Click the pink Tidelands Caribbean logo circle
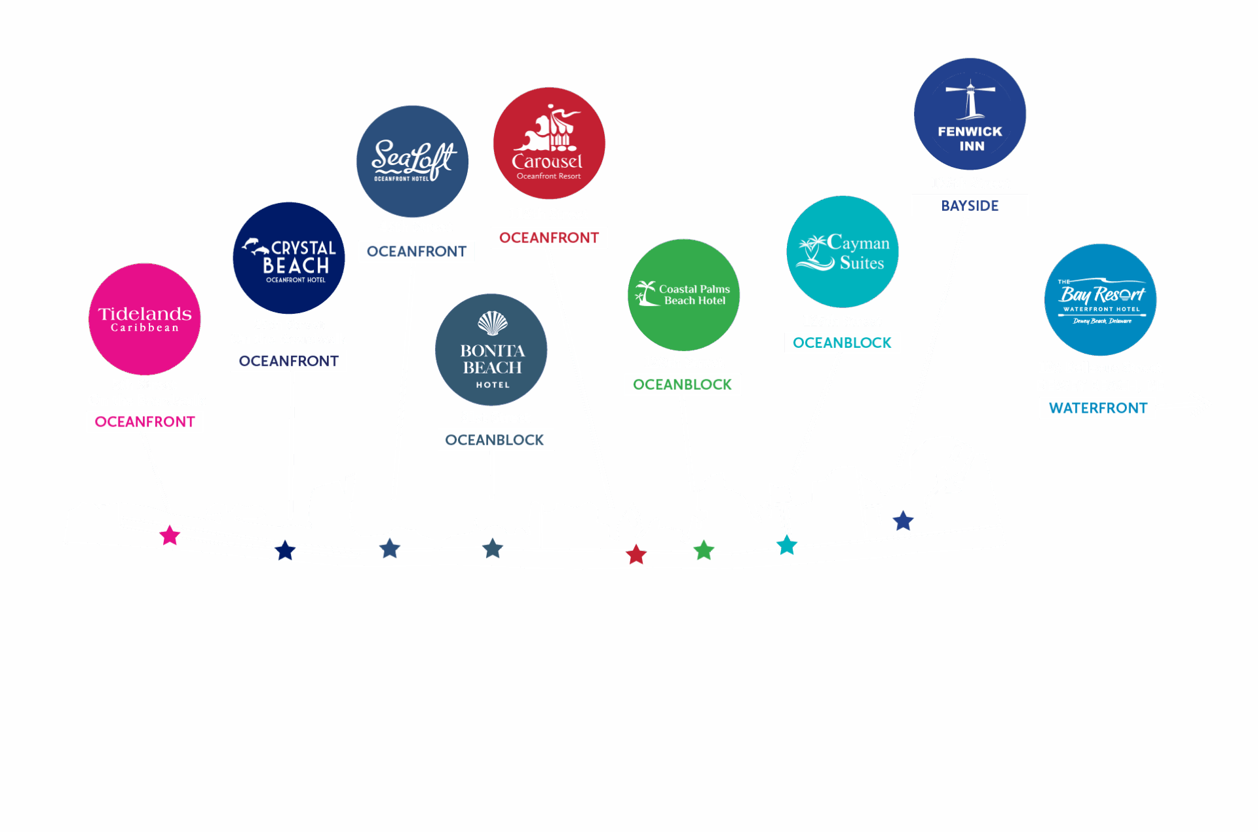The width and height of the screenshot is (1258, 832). tap(145, 319)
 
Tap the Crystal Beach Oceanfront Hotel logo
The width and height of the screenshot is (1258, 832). tap(289, 258)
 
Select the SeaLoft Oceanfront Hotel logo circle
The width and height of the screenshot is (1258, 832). tap(412, 161)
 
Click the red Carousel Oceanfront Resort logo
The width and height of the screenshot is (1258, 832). tap(549, 143)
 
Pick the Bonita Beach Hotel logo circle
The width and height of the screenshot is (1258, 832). tap(491, 350)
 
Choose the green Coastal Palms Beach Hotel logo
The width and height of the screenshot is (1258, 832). tap(684, 295)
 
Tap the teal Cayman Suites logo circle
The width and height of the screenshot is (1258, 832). tap(843, 252)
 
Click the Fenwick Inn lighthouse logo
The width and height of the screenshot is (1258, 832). tap(970, 114)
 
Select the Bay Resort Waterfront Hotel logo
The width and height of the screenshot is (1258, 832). tap(1101, 299)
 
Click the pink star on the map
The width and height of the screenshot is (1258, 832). tap(170, 535)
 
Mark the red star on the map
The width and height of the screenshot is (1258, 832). tap(636, 555)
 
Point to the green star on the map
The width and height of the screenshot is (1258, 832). tap(704, 550)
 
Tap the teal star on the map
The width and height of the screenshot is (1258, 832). tap(786, 544)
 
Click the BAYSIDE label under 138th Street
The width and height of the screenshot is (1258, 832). tap(970, 206)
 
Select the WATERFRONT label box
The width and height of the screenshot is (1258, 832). tap(1098, 408)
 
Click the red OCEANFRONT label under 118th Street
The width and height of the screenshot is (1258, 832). tap(549, 238)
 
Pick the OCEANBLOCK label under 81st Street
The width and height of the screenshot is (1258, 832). tap(495, 440)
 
